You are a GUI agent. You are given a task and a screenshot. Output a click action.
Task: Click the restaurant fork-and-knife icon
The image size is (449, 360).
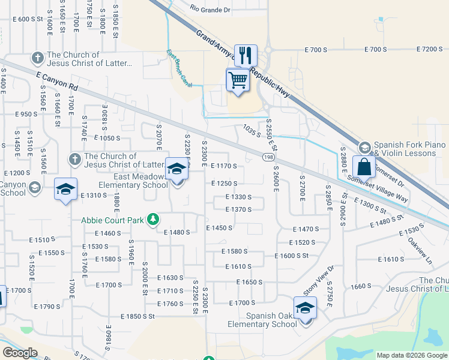pyautogui.click(x=245, y=56)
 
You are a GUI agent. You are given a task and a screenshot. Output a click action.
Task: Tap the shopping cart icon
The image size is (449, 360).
pyautogui.click(x=238, y=80)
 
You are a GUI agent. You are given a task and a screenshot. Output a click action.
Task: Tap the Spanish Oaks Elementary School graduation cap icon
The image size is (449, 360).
pyautogui.click(x=305, y=308)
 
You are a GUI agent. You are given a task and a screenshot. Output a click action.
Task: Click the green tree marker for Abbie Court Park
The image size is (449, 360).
pyautogui.click(x=154, y=220)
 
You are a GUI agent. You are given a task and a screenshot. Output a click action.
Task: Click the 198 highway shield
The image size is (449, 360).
pyautogui.click(x=268, y=157)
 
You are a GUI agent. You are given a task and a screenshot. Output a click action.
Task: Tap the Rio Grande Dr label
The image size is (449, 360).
pyautogui.click(x=209, y=8)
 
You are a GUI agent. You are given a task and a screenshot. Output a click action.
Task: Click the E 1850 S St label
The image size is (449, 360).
pyautogui.click(x=137, y=316)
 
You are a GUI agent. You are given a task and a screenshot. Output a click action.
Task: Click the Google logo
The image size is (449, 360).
pyautogui.click(x=20, y=353)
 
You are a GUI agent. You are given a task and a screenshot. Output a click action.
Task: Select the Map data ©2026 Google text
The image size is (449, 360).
pyautogui.click(x=411, y=355)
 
